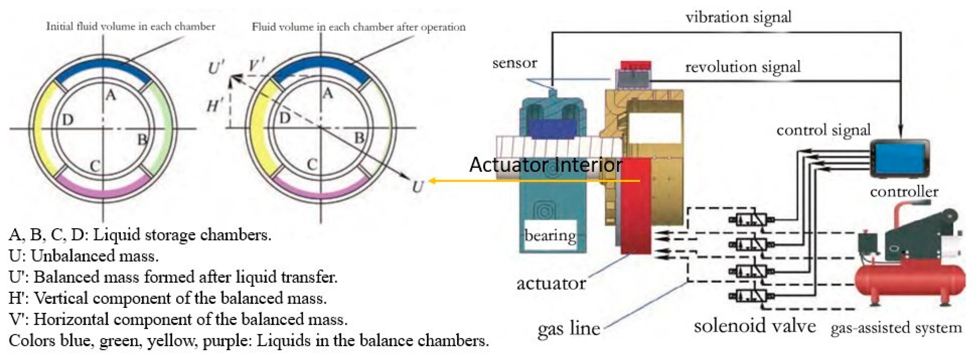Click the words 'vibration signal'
[x=738, y=17]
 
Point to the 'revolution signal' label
[x=743, y=67]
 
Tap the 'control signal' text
[x=823, y=130]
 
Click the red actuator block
[x=636, y=206]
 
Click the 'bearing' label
[x=550, y=235]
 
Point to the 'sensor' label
[x=515, y=63]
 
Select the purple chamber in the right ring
[x=321, y=188]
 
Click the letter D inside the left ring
[x=68, y=120]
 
